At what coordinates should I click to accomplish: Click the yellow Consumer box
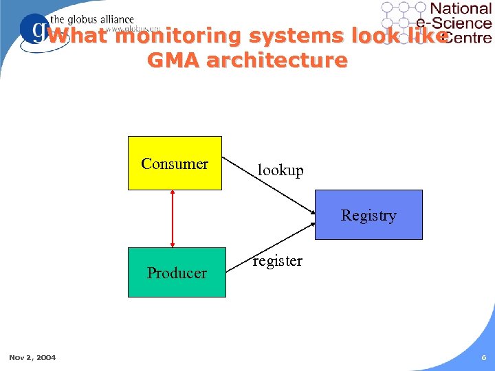tap(175, 163)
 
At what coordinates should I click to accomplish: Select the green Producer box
tap(177, 273)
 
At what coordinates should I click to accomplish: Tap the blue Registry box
tap(368, 215)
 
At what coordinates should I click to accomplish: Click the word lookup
tap(280, 170)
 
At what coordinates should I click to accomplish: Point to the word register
tap(277, 261)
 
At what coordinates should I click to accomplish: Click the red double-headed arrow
tap(173, 218)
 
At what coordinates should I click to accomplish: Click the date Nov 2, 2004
tap(32, 357)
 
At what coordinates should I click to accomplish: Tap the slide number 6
tap(484, 357)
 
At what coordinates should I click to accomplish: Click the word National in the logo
tap(461, 8)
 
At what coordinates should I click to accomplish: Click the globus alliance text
tap(93, 20)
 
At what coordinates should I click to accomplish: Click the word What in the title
tap(78, 36)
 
